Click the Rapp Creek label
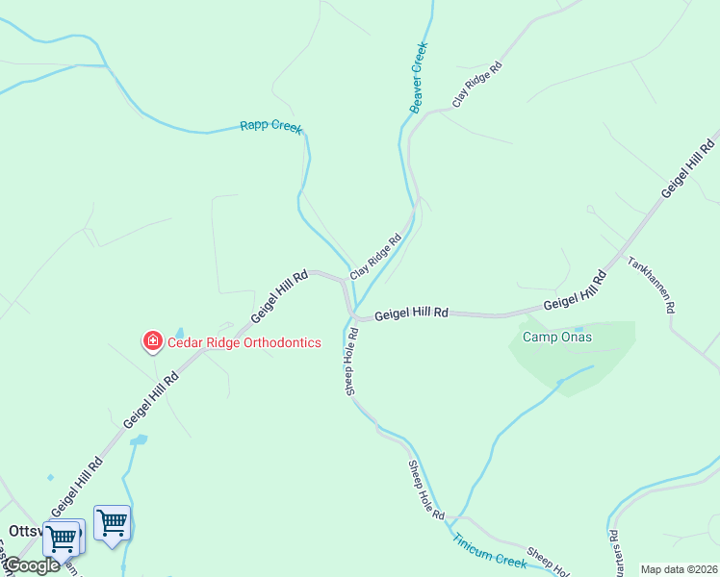click(x=270, y=126)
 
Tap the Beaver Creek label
click(x=418, y=77)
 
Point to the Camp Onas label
click(x=556, y=337)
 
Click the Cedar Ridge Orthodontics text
click(x=244, y=342)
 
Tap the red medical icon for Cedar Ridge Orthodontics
click(x=152, y=341)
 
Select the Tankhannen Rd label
click(x=652, y=285)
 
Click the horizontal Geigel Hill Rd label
click(x=411, y=314)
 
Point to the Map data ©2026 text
click(x=678, y=569)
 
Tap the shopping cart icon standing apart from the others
click(x=113, y=523)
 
